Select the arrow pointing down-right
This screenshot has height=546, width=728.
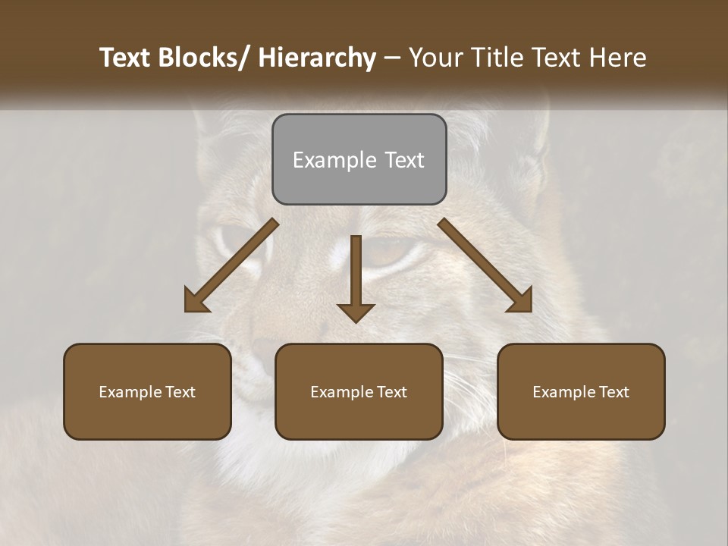click(x=485, y=265)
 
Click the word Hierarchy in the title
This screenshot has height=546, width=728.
click(x=317, y=58)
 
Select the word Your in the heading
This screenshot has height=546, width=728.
click(x=437, y=58)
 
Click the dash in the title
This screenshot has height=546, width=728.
click(x=392, y=58)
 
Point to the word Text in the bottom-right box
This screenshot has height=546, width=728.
click(x=614, y=392)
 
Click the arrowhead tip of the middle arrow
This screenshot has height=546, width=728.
click(x=356, y=322)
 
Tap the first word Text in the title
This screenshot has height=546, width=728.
click(x=127, y=58)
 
